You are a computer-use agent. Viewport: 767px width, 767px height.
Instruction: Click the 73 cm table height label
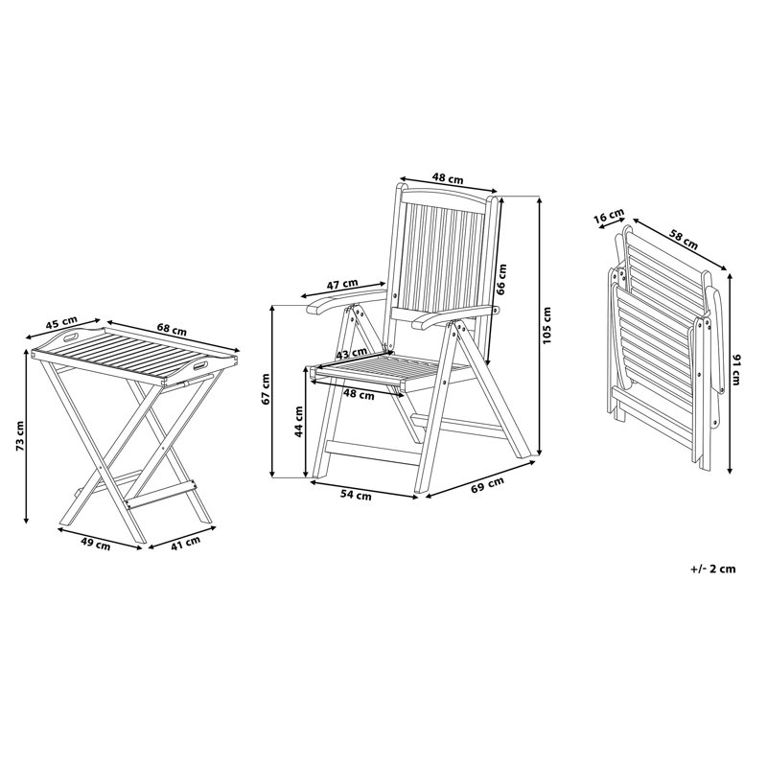pos(19,436)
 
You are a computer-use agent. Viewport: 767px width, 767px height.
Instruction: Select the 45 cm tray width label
pos(62,324)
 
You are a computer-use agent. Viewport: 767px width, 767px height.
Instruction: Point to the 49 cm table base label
pos(96,545)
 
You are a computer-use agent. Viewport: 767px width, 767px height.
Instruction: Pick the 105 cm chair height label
pos(546,325)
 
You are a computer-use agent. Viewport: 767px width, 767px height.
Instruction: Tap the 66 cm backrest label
pos(501,279)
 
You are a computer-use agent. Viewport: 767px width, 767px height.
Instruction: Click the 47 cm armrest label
pos(342,284)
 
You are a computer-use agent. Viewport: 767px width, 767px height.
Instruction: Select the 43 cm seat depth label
pos(352,353)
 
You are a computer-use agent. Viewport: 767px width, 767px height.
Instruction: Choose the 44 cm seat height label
pos(300,421)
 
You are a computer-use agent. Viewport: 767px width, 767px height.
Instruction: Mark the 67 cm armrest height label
pos(266,389)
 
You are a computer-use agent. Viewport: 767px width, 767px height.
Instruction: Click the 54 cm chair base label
pos(356,496)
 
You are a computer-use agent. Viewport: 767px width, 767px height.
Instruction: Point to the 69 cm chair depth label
pos(489,483)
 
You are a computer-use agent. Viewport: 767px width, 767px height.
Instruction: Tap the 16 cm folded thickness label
pos(609,217)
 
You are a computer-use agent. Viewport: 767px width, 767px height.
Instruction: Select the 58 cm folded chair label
pos(683,241)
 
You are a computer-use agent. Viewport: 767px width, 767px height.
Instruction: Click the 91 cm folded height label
pos(736,371)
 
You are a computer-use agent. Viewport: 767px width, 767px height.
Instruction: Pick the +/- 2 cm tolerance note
pos(713,569)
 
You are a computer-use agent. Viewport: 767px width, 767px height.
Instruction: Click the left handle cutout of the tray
pos(70,337)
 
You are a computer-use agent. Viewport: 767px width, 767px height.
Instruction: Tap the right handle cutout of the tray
pos(199,366)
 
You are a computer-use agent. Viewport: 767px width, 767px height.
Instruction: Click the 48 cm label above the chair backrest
pos(448,178)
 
